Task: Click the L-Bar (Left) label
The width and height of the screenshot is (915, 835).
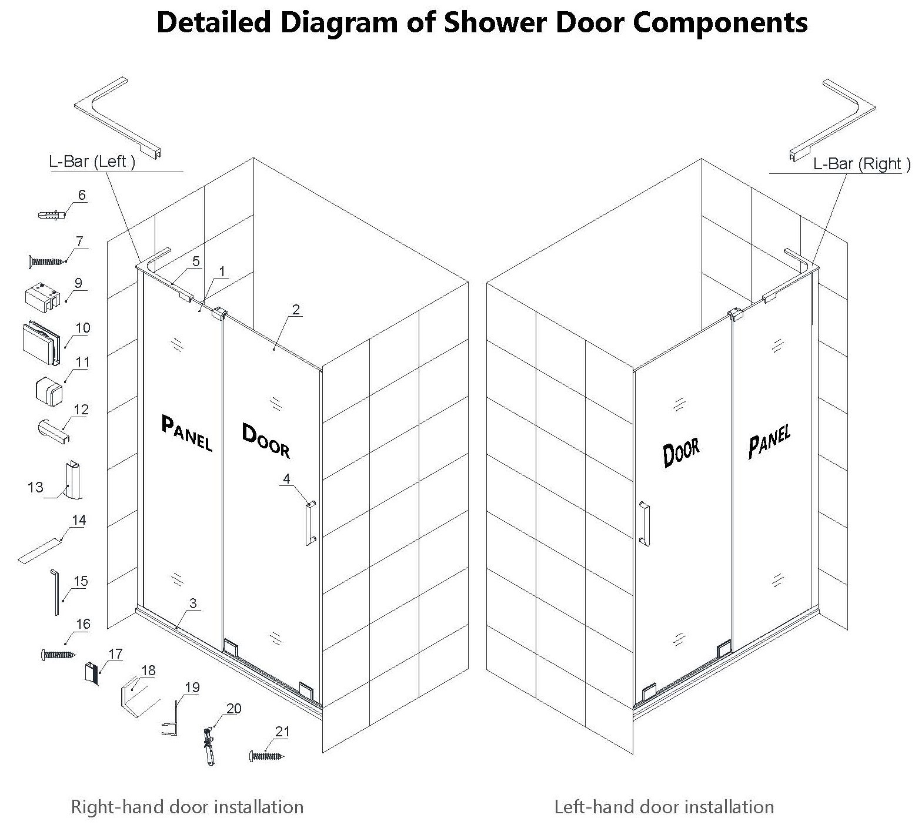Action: pyautogui.click(x=92, y=162)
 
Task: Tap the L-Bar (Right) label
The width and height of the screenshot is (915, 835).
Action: pyautogui.click(x=861, y=164)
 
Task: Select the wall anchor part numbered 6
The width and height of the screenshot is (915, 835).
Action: pyautogui.click(x=51, y=216)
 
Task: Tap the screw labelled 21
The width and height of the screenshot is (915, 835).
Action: pyautogui.click(x=266, y=756)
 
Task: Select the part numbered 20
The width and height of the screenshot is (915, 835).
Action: pyautogui.click(x=209, y=746)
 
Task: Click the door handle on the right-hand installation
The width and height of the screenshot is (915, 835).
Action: pyautogui.click(x=310, y=523)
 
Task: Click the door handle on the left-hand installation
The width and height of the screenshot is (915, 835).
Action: pyautogui.click(x=644, y=523)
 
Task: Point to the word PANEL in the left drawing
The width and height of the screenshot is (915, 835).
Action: pyautogui.click(x=186, y=432)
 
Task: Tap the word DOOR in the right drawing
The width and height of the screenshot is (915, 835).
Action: pyautogui.click(x=682, y=453)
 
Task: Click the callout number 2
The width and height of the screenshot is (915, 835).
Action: pyautogui.click(x=296, y=310)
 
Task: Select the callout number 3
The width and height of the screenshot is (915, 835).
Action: pyautogui.click(x=193, y=603)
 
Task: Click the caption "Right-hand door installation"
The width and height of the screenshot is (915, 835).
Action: pyautogui.click(x=187, y=807)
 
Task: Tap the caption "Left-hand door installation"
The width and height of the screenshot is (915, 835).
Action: pyautogui.click(x=664, y=807)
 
